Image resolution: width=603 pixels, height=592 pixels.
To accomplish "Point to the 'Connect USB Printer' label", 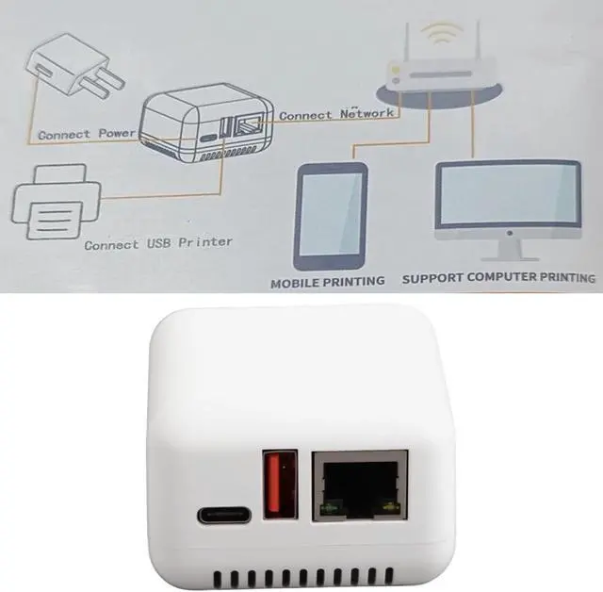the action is click(x=157, y=243).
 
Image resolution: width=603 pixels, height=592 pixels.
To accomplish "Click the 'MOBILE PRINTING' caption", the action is click(x=327, y=281).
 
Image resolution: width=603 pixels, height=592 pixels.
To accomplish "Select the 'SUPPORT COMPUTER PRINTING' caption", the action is click(x=498, y=279).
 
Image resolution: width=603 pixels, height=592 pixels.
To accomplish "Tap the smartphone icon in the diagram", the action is click(x=330, y=216).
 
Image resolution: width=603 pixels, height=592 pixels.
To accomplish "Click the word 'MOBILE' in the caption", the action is click(x=296, y=281).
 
